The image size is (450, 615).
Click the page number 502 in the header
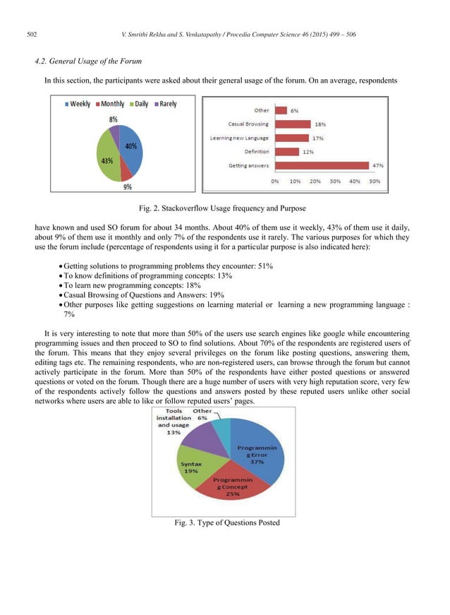click(x=32, y=33)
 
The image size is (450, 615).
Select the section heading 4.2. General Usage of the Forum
click(x=88, y=62)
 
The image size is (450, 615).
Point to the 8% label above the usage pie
click(x=113, y=119)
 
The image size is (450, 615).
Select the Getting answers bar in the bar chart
click(x=320, y=165)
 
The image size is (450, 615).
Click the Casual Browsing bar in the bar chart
click(x=291, y=124)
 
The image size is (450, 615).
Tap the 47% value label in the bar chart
click(x=377, y=165)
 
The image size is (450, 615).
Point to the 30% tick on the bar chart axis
click(x=335, y=181)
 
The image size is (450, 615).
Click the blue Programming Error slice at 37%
click(x=257, y=452)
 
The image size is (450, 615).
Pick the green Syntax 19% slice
click(x=190, y=467)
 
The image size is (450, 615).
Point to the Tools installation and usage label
click(x=173, y=422)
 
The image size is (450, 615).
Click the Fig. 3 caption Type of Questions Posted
click(x=226, y=523)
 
